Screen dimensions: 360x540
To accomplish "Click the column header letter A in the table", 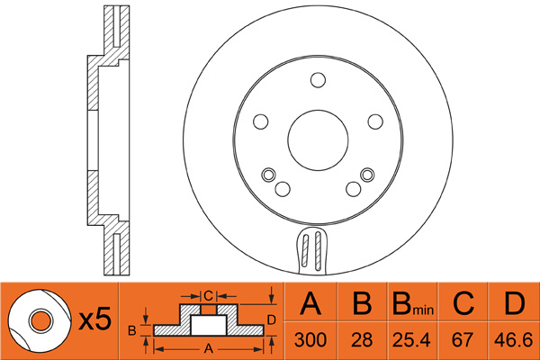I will (x=310, y=304).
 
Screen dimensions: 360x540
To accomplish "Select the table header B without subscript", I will (x=363, y=304).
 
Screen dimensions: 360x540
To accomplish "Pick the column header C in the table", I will (x=463, y=304).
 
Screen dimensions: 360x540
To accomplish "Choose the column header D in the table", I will (x=514, y=304).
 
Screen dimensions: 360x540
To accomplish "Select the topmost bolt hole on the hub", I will (x=318, y=81).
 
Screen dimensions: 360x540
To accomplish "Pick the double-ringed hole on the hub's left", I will (x=267, y=174).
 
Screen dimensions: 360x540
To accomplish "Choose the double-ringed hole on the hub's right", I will (x=366, y=174).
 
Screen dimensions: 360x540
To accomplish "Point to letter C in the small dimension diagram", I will (x=207, y=294).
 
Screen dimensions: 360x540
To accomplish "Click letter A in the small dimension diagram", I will (x=210, y=346).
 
